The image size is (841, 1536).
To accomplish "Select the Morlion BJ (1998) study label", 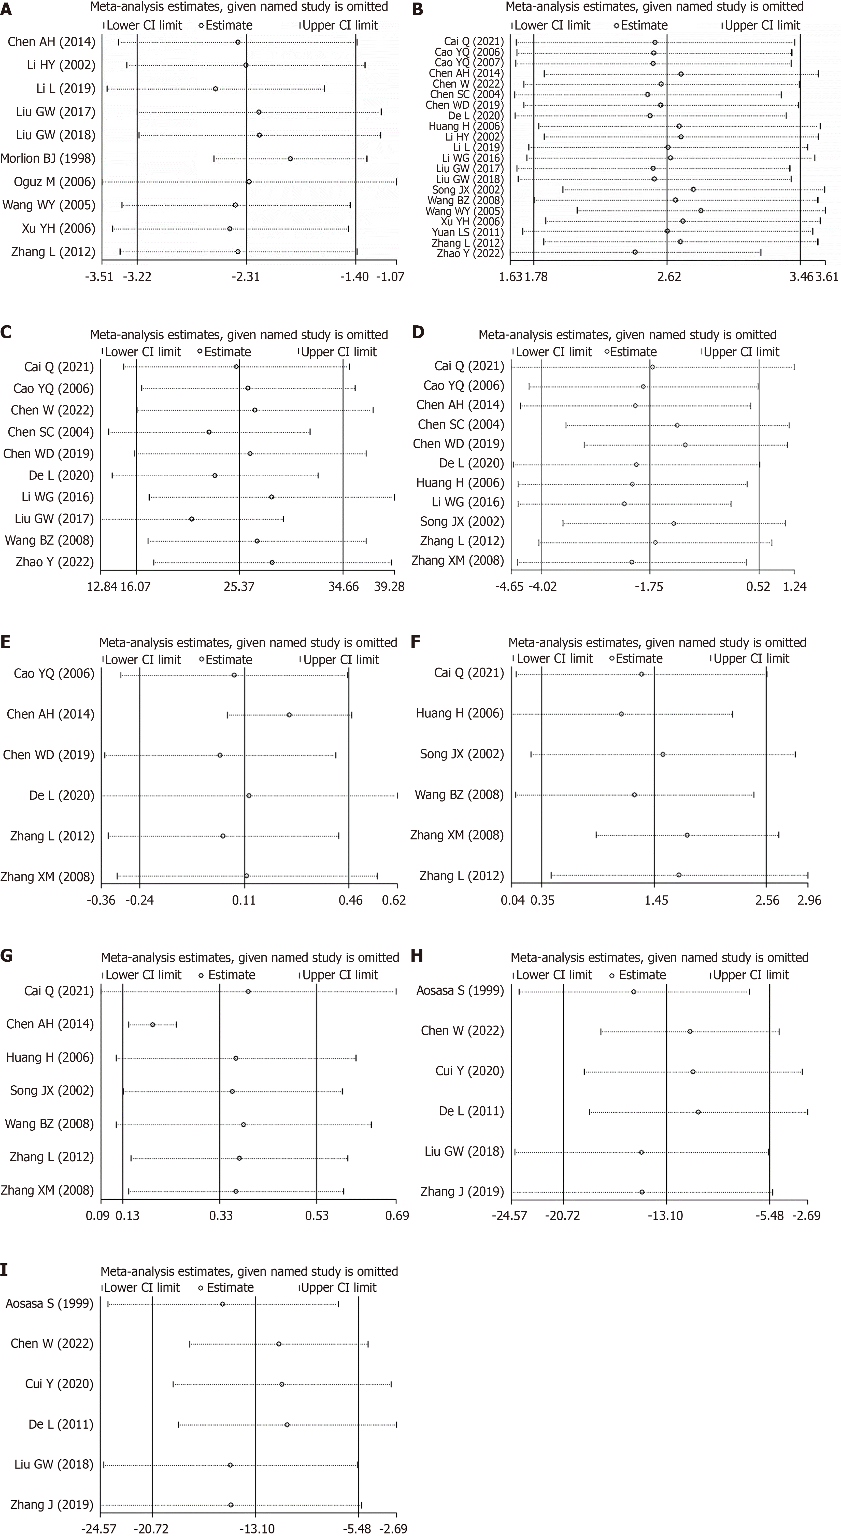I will click(48, 159).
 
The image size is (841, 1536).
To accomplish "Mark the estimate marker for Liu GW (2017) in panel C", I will click(191, 519).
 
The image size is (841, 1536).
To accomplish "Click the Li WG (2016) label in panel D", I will click(468, 502).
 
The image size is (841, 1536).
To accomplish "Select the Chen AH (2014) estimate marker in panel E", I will click(289, 714).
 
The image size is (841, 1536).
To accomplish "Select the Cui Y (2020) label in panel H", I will click(470, 1071).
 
